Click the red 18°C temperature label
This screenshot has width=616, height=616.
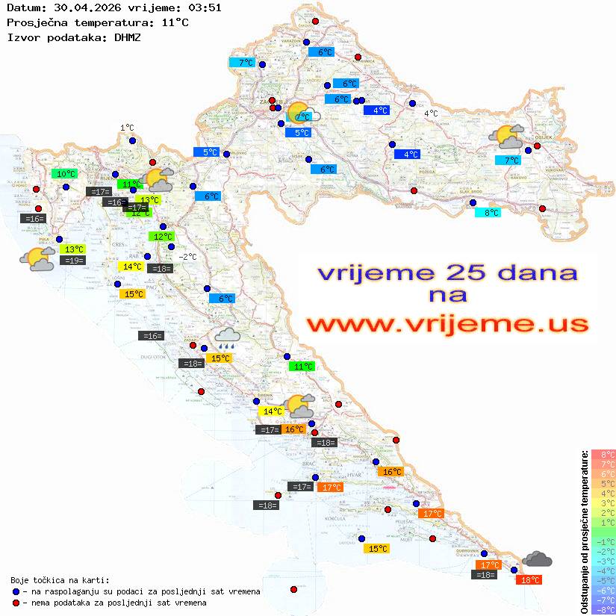coord(530,579)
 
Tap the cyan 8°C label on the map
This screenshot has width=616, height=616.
coord(488,213)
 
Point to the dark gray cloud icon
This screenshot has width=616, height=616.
coord(537,559)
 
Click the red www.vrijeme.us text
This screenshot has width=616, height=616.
coord(447,324)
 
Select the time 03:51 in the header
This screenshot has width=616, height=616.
coord(204,7)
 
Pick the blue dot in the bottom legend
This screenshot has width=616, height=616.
coord(16,591)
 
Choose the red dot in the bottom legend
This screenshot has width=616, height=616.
coord(16,603)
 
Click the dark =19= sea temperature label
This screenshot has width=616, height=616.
coord(73,261)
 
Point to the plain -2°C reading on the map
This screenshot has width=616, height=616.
coord(187,257)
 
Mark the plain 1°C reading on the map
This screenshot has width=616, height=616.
coord(127,128)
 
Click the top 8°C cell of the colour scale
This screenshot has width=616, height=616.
coord(603,454)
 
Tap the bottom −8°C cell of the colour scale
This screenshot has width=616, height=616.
coord(603,609)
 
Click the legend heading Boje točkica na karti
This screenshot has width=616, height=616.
coord(60,579)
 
